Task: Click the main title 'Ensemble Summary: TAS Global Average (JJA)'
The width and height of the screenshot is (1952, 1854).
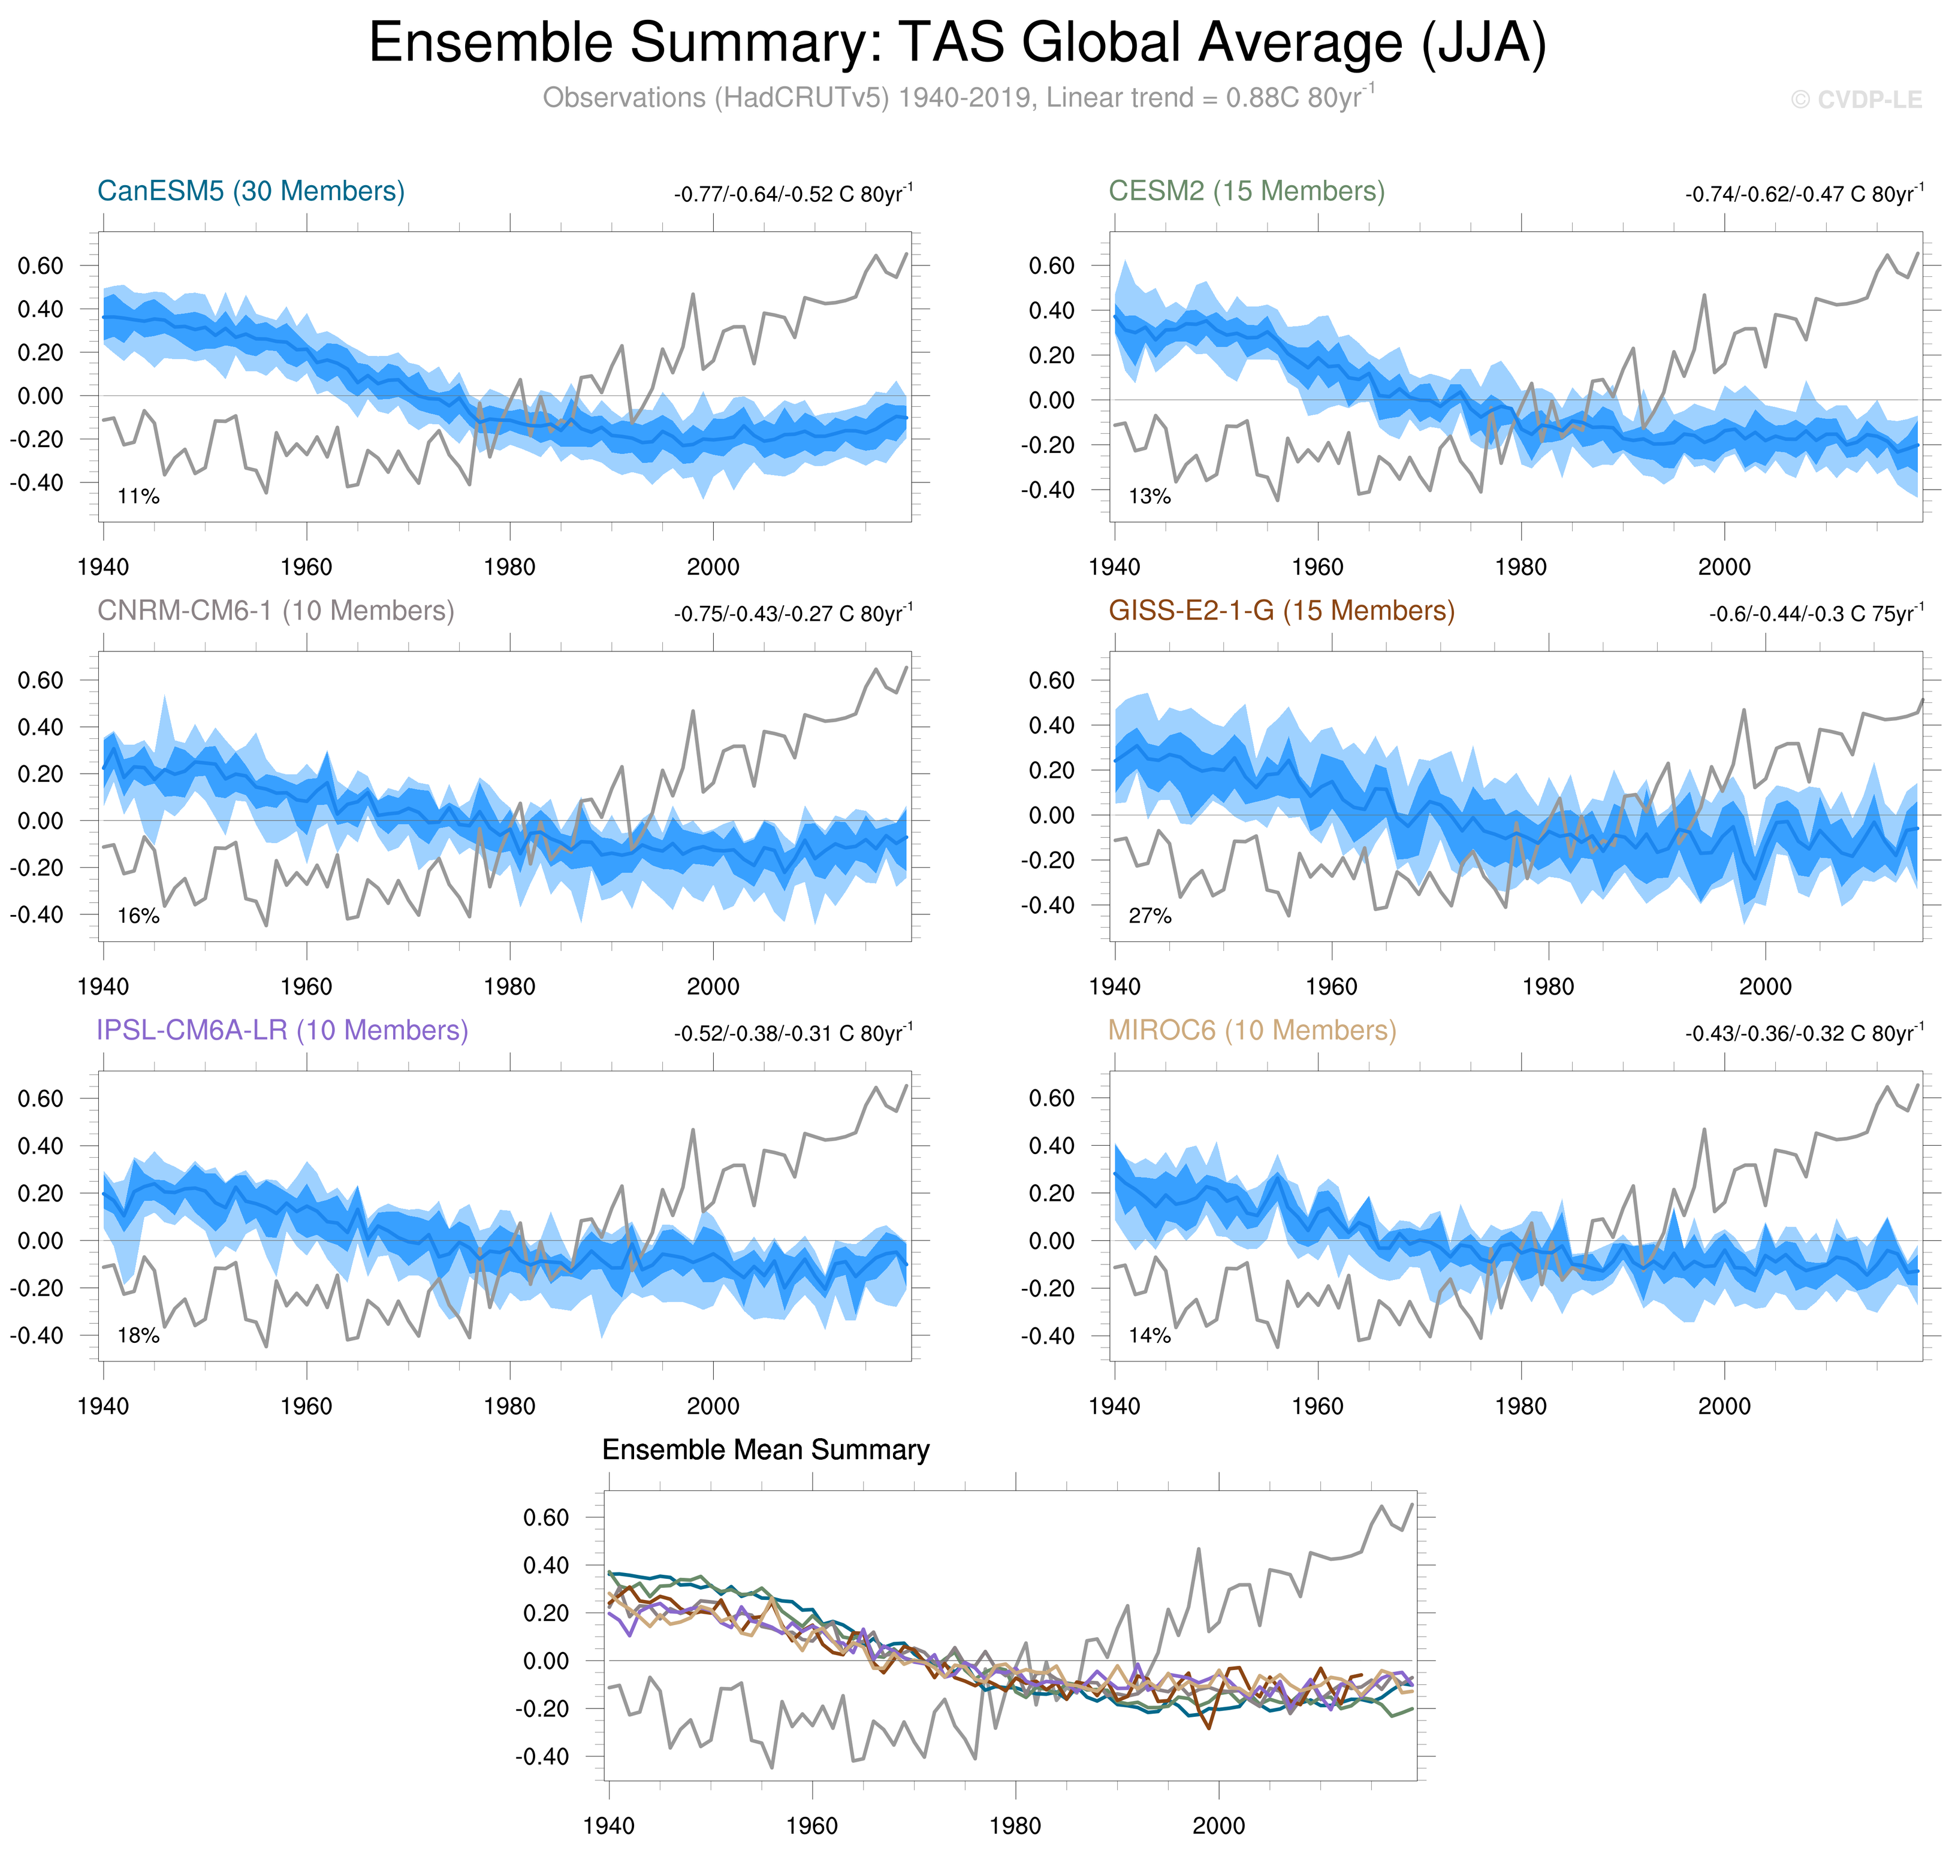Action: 957,44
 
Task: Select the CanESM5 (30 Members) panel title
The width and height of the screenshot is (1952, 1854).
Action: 251,191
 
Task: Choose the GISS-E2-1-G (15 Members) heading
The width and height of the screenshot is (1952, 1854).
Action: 1281,611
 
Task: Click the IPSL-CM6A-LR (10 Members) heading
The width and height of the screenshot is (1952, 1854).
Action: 282,1030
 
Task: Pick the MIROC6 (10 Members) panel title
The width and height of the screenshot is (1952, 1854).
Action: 1251,1030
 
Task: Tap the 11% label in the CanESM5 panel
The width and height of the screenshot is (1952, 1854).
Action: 138,496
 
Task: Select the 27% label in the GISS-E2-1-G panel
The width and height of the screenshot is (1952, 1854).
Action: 1150,916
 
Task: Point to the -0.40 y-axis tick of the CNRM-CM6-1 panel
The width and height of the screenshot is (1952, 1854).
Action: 37,914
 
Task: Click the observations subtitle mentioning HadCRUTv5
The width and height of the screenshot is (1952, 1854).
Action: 957,98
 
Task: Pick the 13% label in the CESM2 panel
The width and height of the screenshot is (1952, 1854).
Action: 1150,496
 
